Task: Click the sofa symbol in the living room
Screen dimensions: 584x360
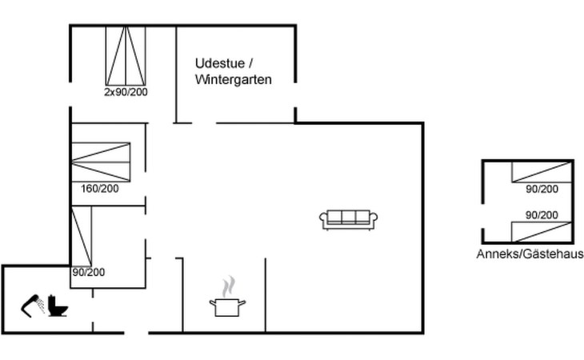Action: [x=348, y=220]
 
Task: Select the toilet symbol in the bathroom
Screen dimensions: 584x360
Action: [x=58, y=306]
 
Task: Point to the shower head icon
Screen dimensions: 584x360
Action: [x=33, y=306]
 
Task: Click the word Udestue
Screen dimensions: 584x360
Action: [x=220, y=63]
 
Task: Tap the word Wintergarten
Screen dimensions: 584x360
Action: [x=233, y=80]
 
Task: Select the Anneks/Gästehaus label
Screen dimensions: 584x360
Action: [x=530, y=254]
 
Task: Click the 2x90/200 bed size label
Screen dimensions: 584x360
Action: [x=126, y=92]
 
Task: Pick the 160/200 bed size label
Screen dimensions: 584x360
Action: [x=100, y=188]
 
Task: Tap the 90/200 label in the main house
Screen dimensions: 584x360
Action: [x=89, y=272]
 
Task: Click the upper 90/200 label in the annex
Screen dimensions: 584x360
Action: [x=542, y=189]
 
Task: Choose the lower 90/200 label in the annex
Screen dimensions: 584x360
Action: [x=542, y=215]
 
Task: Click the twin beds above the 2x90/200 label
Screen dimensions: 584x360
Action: [x=126, y=56]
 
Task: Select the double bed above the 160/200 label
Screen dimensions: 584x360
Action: [x=101, y=162]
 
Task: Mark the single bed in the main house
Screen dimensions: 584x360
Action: [x=82, y=237]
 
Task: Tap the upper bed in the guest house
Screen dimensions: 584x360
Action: [x=542, y=172]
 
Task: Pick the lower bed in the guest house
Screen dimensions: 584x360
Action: [x=542, y=232]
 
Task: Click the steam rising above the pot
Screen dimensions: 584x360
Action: [x=229, y=286]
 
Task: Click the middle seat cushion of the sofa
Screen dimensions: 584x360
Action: [x=349, y=218]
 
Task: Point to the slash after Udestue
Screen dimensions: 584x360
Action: [x=250, y=63]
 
